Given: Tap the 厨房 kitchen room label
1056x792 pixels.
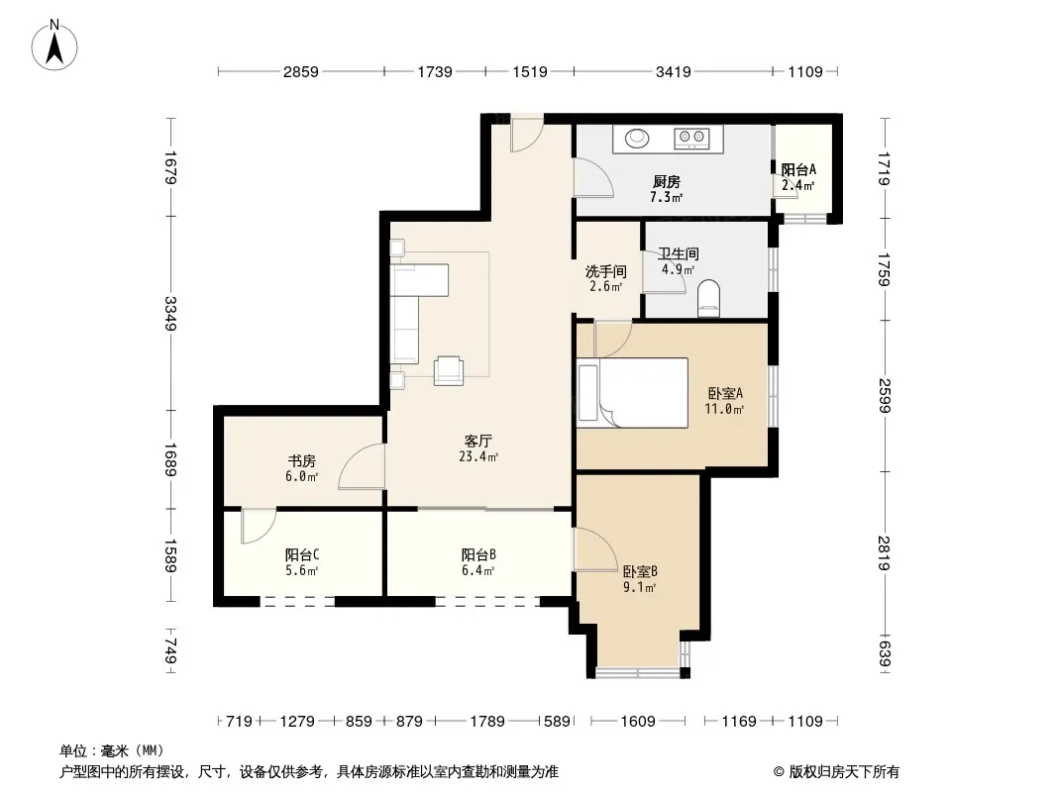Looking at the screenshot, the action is point(666,182).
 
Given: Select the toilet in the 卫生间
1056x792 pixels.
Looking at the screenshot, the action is point(708,298).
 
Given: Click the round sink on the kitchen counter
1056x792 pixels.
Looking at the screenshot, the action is point(637,138).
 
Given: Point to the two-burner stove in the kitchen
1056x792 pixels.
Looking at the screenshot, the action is point(692,139).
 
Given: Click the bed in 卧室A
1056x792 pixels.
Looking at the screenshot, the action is point(632,393).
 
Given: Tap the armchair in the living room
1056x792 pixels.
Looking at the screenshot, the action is point(449,370).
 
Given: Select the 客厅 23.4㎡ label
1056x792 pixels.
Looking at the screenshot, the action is point(478,448).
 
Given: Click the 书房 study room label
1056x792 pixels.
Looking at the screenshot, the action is point(302,461).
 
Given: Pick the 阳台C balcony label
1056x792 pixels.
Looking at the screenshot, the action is point(302,555).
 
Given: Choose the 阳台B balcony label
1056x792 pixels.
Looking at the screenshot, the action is point(478,555).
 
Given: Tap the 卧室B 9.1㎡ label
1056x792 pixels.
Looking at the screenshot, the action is point(640,579).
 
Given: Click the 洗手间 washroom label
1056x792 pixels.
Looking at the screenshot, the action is point(606,272).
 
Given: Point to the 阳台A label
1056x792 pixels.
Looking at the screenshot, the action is point(798,169).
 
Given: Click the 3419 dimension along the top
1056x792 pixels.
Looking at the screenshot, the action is point(674,71).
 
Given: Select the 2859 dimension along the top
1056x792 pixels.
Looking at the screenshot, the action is point(300,71).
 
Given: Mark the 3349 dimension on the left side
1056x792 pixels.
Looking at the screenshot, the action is point(170,313).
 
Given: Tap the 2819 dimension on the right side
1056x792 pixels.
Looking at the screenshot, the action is point(885,552).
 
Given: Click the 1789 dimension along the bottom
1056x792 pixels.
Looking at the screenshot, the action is point(487,722).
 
